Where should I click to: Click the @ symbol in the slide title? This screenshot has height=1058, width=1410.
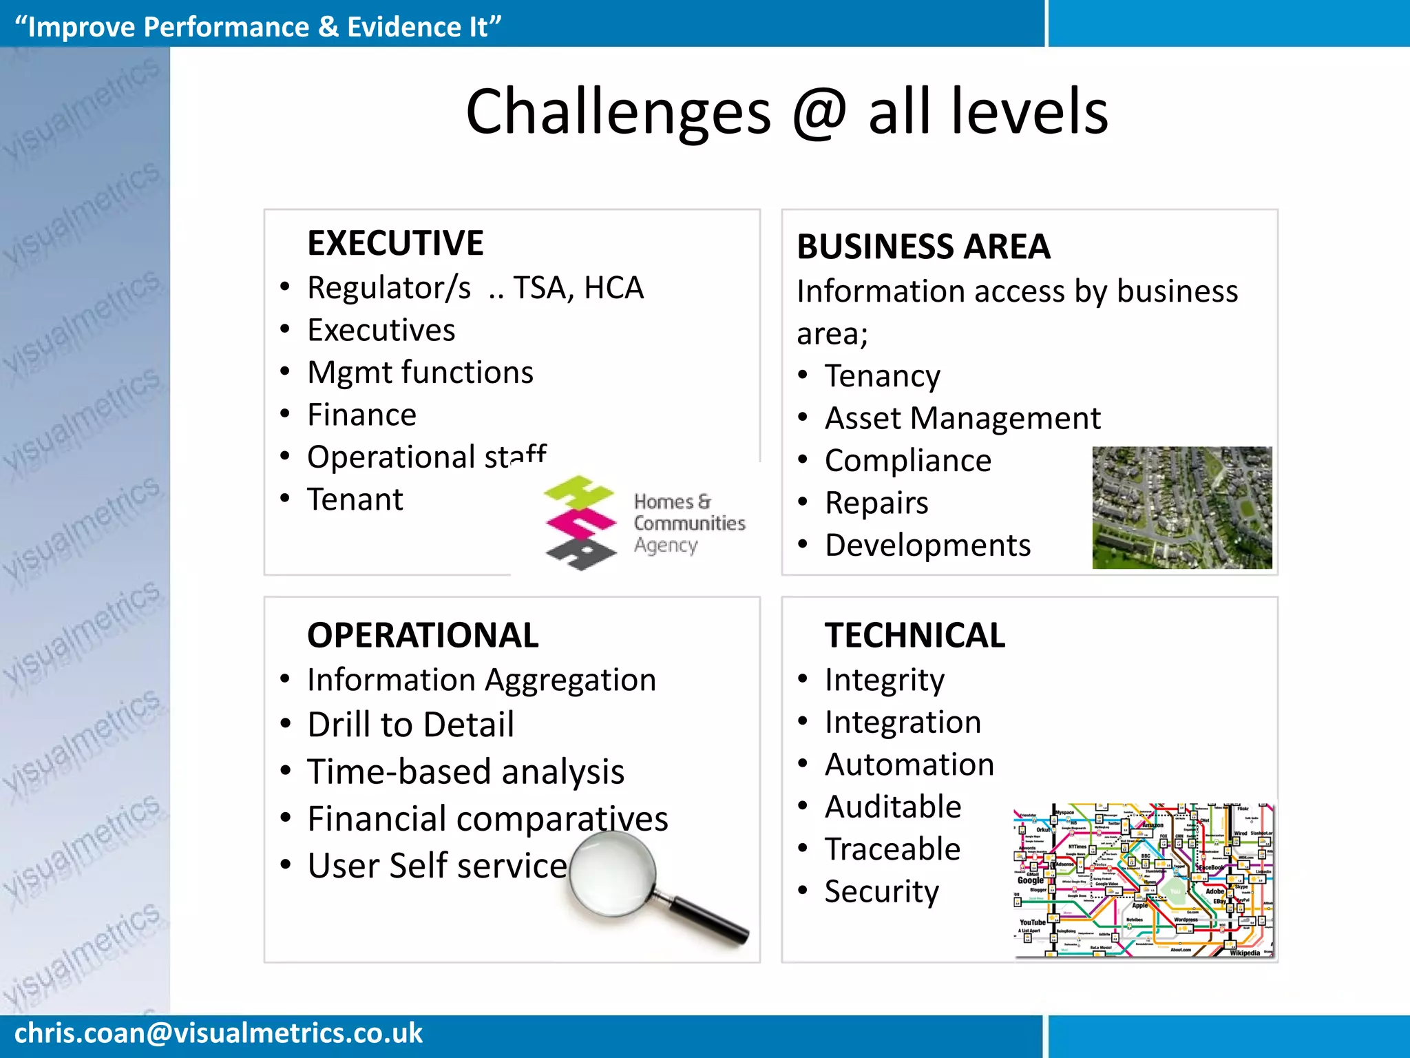[819, 114]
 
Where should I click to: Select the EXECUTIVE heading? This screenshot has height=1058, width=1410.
[395, 243]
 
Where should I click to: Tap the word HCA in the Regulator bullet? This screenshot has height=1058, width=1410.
[613, 288]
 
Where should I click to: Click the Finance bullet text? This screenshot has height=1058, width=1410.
[361, 415]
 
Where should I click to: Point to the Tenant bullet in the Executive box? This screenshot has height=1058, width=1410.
[355, 500]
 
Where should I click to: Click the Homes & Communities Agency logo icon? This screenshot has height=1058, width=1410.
[580, 523]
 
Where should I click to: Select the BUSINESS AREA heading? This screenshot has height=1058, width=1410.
[923, 247]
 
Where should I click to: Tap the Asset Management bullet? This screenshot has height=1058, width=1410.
[962, 419]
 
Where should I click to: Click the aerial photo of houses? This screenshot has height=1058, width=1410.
[1181, 508]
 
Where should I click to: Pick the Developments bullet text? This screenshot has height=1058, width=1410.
[927, 546]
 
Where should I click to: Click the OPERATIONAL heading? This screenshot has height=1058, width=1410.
[422, 635]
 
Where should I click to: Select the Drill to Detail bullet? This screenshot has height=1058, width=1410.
[410, 725]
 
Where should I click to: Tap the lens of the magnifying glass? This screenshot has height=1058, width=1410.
[612, 873]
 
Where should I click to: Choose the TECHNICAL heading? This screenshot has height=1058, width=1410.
[914, 635]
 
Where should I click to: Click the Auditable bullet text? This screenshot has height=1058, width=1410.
[893, 807]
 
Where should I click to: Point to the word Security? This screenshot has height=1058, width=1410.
[881, 892]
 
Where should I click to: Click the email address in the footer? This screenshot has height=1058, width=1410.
[218, 1033]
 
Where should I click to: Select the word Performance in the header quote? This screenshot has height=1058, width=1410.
[227, 27]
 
